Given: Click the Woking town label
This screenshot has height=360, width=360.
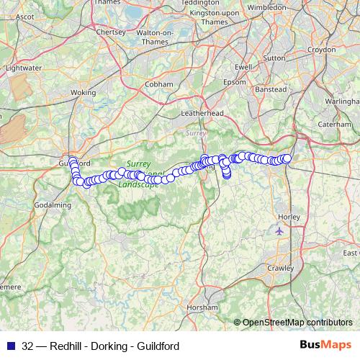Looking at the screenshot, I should tap(84, 93).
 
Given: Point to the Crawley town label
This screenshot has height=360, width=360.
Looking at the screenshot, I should tap(281, 268).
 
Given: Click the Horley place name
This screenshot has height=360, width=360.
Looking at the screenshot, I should tap(289, 216).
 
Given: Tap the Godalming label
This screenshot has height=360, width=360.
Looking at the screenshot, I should tap(53, 204).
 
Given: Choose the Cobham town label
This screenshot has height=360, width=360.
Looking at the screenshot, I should tap(159, 84).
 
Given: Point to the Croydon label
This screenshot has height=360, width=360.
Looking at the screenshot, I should tap(321, 50).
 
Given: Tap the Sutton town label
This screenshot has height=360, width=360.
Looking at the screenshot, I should tap(274, 56).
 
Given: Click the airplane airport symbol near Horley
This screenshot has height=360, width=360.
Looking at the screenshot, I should tap(280, 231).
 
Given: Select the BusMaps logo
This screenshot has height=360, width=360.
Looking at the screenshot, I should tap(325, 345).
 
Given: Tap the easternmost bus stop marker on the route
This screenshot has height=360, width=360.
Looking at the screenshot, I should tap(287, 158).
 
